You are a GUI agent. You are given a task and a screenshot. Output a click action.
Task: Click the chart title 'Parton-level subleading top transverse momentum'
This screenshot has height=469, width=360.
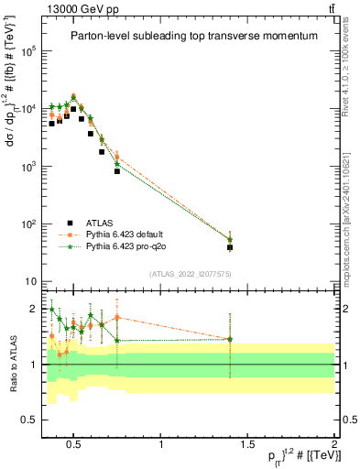click(x=188, y=36)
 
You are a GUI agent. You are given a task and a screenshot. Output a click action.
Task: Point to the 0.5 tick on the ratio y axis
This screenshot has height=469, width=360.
click(x=28, y=420)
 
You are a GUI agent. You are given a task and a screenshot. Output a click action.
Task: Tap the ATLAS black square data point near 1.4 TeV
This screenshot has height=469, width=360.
click(x=230, y=247)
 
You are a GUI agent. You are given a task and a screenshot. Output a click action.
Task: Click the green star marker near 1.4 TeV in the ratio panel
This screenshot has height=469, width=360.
click(x=230, y=339)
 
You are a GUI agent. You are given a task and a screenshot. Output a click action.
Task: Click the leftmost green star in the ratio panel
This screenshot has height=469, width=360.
click(x=52, y=309)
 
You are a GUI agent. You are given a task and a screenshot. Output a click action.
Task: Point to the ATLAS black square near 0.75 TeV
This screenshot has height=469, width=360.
click(x=117, y=171)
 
